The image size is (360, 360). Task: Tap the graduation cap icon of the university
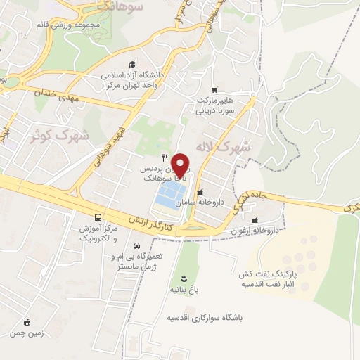[x=131, y=64]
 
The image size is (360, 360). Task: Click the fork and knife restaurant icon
[x=165, y=157]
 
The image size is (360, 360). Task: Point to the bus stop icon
[x=98, y=218]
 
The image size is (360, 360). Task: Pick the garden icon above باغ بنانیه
[x=184, y=278]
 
